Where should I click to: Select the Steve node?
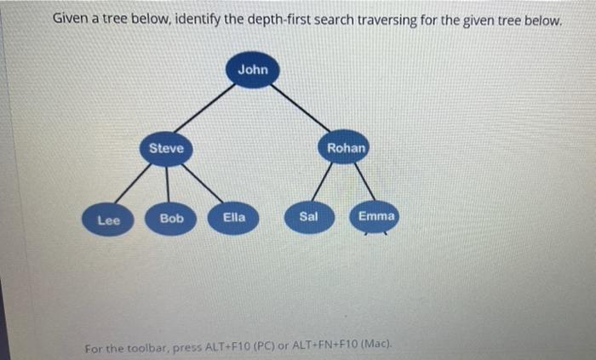(x=166, y=149)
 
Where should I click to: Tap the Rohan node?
(x=347, y=148)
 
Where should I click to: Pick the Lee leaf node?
(x=108, y=220)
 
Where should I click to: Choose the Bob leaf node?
(x=171, y=219)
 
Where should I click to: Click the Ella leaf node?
(x=234, y=218)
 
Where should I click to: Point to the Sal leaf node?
(x=308, y=217)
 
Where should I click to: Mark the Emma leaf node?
(x=375, y=217)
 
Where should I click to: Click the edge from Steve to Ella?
(x=203, y=184)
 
